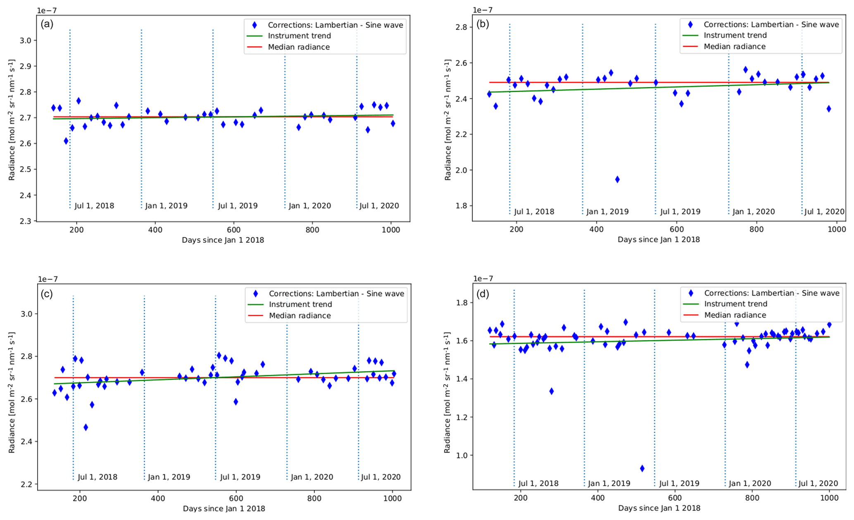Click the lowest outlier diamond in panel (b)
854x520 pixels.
[x=617, y=179]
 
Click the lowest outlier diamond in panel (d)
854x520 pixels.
[x=642, y=468]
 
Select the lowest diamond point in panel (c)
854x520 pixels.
[x=86, y=427]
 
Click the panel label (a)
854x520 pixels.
[x=47, y=24]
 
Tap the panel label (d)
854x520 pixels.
[x=483, y=294]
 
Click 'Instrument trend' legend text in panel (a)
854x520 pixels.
[x=299, y=36]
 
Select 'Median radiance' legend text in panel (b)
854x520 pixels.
[x=735, y=46]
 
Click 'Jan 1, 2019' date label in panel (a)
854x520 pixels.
[x=166, y=206]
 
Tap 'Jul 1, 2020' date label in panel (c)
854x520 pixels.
[x=381, y=477]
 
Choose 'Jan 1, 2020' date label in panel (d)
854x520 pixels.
[x=749, y=483]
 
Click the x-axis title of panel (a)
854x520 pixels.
[x=223, y=240]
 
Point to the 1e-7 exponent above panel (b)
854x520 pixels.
[x=483, y=10]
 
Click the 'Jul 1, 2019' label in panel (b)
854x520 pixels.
[x=680, y=212]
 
